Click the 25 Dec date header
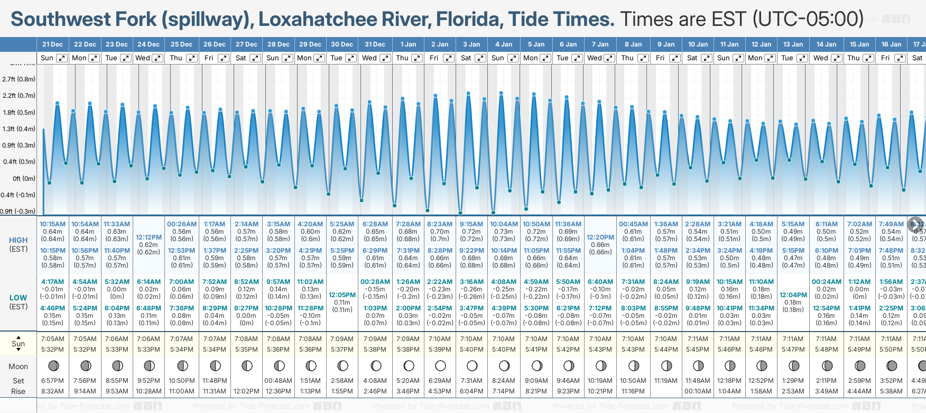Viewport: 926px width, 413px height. tap(181, 44)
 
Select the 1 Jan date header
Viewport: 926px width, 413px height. tap(408, 44)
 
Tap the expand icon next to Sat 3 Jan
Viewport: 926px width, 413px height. tap(480, 58)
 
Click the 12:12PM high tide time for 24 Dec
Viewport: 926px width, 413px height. tap(149, 237)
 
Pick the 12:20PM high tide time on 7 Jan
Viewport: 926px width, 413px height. tap(600, 237)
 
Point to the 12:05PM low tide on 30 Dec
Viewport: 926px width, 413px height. tap(342, 295)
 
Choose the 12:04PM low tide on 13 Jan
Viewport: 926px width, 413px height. tap(793, 295)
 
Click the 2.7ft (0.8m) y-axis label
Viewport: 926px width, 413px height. tap(18, 79)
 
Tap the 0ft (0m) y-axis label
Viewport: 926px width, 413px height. tap(24, 179)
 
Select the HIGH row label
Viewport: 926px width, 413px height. tap(18, 240)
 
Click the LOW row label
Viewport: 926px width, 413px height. tap(18, 298)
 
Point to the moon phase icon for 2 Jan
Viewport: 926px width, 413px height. tap(440, 365)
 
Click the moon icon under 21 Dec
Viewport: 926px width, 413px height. tap(53, 365)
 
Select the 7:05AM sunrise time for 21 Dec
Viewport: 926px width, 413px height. tap(52, 339)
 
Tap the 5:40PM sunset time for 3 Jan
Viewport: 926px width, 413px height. tap(471, 350)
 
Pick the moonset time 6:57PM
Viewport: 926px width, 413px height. tap(52, 381)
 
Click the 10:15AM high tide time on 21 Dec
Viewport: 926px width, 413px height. tap(52, 224)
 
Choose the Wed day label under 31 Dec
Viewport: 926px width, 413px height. tap(369, 58)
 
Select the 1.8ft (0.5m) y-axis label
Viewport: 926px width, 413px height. tap(18, 113)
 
